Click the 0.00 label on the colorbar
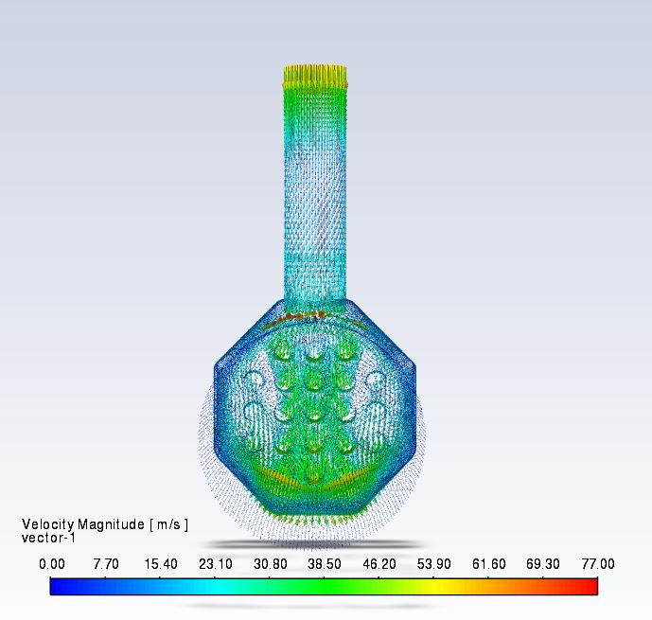tap(52, 564)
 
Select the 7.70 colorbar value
tap(106, 564)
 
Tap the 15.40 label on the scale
tap(161, 564)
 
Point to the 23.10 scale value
tap(216, 564)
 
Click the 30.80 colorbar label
tap(271, 564)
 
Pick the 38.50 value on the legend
tap(325, 564)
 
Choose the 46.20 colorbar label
tap(379, 564)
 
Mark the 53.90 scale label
tap(433, 564)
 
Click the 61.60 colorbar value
tap(488, 564)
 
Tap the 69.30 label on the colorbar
tap(542, 564)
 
